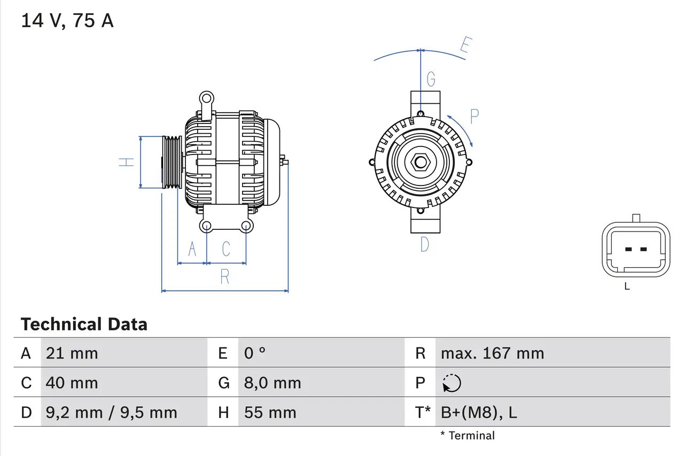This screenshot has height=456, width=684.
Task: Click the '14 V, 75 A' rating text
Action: coord(67,21)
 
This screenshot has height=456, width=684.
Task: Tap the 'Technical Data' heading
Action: coord(83,324)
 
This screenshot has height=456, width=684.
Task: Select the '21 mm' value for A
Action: coord(72,353)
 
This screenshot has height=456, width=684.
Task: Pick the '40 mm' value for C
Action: coord(72,383)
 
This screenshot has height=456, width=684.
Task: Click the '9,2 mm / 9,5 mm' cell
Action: coord(111,413)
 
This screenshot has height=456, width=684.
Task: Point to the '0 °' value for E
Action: coord(255,353)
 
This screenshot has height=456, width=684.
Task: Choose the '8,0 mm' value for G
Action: coord(273,383)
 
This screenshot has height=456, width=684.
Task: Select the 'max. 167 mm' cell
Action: coord(492,353)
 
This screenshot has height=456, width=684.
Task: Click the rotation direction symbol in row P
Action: coord(452,383)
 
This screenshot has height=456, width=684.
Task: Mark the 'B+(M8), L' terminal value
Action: coord(478,413)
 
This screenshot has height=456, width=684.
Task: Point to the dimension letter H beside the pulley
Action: coord(126,162)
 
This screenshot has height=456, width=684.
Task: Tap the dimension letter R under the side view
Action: coord(225,277)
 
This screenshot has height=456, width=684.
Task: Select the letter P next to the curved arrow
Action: coord(474,116)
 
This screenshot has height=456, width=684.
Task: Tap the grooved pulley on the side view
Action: coord(172,162)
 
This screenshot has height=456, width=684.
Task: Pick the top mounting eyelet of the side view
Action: coord(206,98)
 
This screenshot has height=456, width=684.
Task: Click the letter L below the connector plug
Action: coord(627,287)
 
